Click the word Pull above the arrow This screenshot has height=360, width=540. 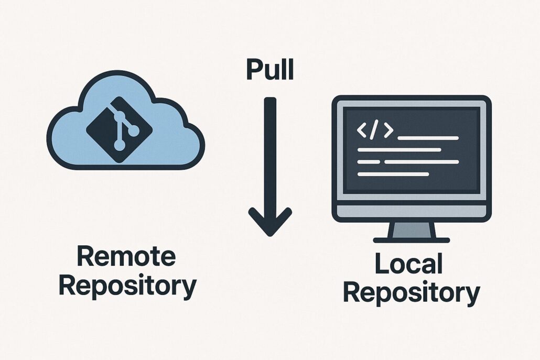(270, 70)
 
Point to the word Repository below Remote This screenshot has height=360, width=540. (127, 286)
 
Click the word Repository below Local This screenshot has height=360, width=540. (412, 294)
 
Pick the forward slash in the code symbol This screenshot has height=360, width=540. (373, 131)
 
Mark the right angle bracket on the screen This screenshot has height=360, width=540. (387, 131)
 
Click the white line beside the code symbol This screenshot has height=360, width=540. (428, 138)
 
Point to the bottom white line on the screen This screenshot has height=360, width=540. (393, 174)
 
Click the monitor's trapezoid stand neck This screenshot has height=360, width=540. (412, 230)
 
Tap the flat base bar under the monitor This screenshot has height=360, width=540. (412, 240)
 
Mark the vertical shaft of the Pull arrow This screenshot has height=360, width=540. (270, 152)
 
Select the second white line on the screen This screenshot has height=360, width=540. (399, 150)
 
